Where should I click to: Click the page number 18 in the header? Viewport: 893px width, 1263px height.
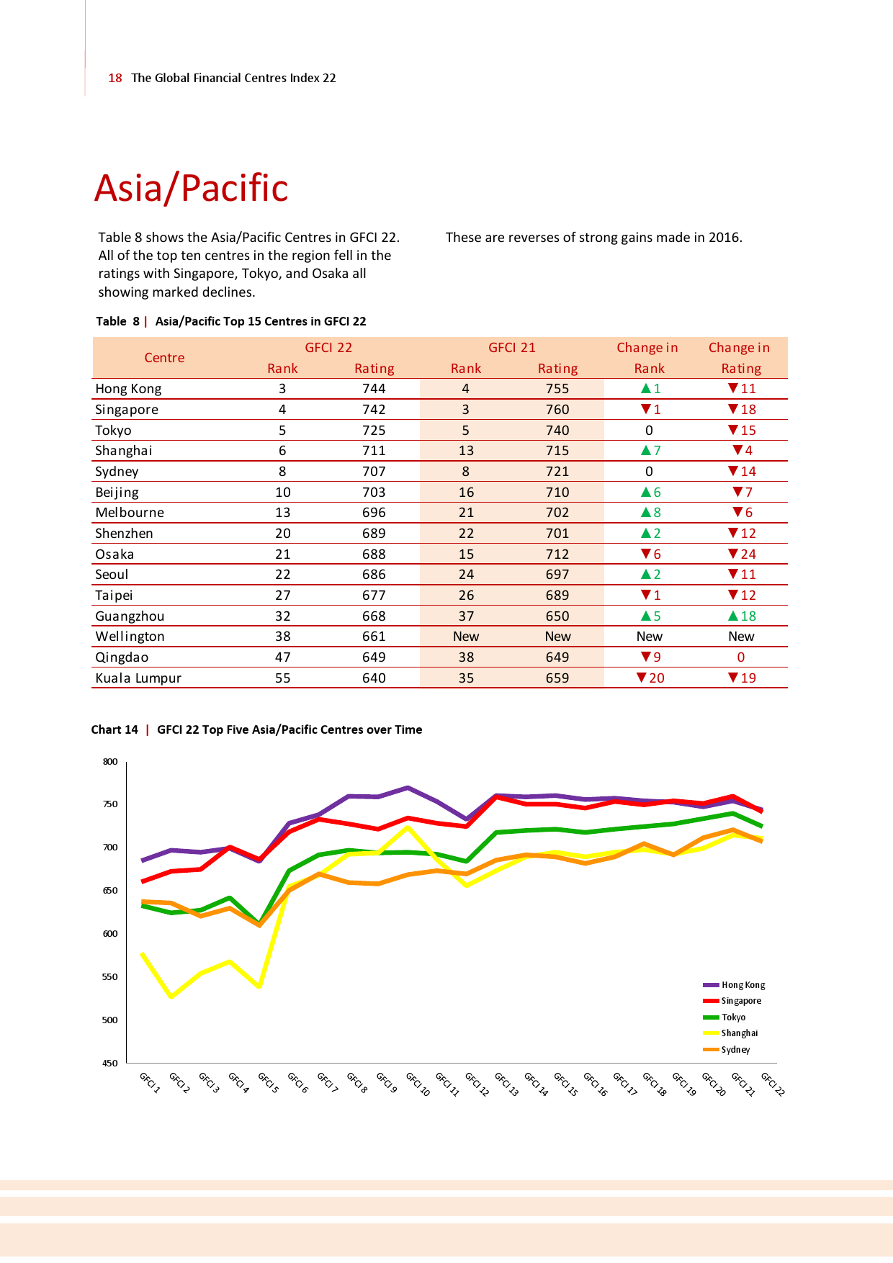(115, 78)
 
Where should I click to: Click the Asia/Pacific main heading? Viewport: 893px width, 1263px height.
(191, 189)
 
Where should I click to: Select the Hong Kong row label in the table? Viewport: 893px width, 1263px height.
(128, 389)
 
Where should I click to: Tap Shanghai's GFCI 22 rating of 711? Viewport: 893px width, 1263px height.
(374, 451)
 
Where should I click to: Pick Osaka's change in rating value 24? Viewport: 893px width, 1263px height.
(748, 554)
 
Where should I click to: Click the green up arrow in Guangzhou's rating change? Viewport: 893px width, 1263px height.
(733, 616)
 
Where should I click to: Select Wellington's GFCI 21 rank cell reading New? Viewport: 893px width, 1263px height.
(466, 637)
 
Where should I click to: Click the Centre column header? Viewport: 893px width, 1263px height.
(164, 358)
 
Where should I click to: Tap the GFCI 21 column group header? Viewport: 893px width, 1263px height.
(512, 348)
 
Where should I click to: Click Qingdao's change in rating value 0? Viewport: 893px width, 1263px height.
(741, 657)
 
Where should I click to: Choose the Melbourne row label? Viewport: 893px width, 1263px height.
(130, 513)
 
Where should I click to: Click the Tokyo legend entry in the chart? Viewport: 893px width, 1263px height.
(733, 1017)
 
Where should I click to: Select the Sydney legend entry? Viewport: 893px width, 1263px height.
(735, 1050)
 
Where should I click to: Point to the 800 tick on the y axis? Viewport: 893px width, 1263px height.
(110, 762)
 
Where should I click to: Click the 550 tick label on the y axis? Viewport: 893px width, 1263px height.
(110, 977)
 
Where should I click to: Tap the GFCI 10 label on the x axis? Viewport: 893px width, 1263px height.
(418, 1084)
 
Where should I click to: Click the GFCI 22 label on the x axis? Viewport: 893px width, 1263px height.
(773, 1084)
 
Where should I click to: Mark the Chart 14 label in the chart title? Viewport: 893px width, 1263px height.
(115, 730)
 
